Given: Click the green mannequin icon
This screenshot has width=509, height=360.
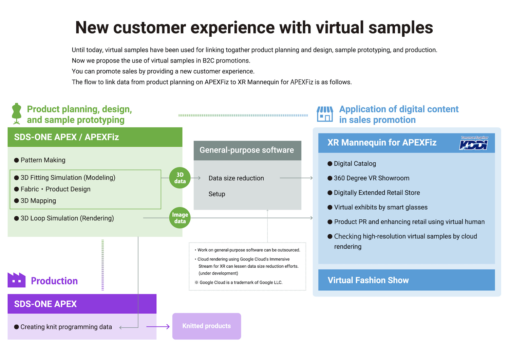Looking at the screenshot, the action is [17, 113].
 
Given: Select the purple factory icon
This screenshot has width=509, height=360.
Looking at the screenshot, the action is [17, 280].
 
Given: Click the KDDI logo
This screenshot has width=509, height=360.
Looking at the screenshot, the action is [474, 143].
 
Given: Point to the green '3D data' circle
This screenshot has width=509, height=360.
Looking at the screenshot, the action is [180, 178].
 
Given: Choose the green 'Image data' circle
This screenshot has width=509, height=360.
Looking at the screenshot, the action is [180, 218].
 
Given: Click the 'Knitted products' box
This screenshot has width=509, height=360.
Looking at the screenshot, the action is [207, 326].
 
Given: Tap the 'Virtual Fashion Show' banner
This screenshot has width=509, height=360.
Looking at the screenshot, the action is [407, 280].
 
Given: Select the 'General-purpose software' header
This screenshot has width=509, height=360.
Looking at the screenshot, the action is [247, 150].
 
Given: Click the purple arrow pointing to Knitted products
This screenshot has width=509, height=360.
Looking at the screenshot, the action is [158, 327].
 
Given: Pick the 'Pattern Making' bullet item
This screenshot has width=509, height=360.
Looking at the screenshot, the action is [40, 160].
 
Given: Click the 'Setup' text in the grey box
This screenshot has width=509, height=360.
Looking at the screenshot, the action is [217, 194].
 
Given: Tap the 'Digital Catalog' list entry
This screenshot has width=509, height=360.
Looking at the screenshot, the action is [352, 163].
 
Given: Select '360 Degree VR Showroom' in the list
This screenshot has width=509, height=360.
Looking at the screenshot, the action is [368, 178].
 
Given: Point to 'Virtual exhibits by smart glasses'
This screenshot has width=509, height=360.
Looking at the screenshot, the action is [377, 207].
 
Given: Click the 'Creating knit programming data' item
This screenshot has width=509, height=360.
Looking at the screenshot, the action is [63, 327].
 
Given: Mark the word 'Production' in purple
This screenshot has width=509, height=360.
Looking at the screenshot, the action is [54, 281].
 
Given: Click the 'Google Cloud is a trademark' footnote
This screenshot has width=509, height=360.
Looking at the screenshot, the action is [239, 283].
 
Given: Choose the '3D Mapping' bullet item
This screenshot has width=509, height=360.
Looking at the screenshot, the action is [35, 201].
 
